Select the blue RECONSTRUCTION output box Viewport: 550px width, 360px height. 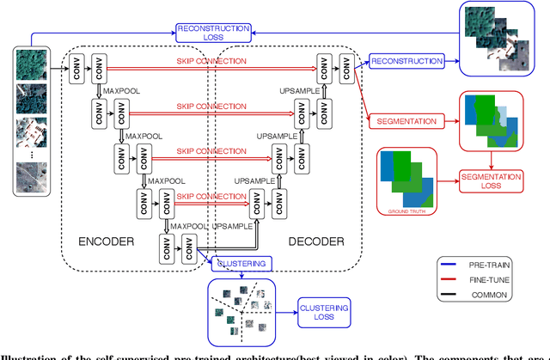(x=406, y=62)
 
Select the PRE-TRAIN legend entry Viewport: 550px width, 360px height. (x=508, y=265)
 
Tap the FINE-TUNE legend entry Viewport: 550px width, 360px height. (x=508, y=280)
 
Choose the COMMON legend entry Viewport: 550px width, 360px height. (x=508, y=295)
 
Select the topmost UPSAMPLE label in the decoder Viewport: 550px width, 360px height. (x=299, y=89)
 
